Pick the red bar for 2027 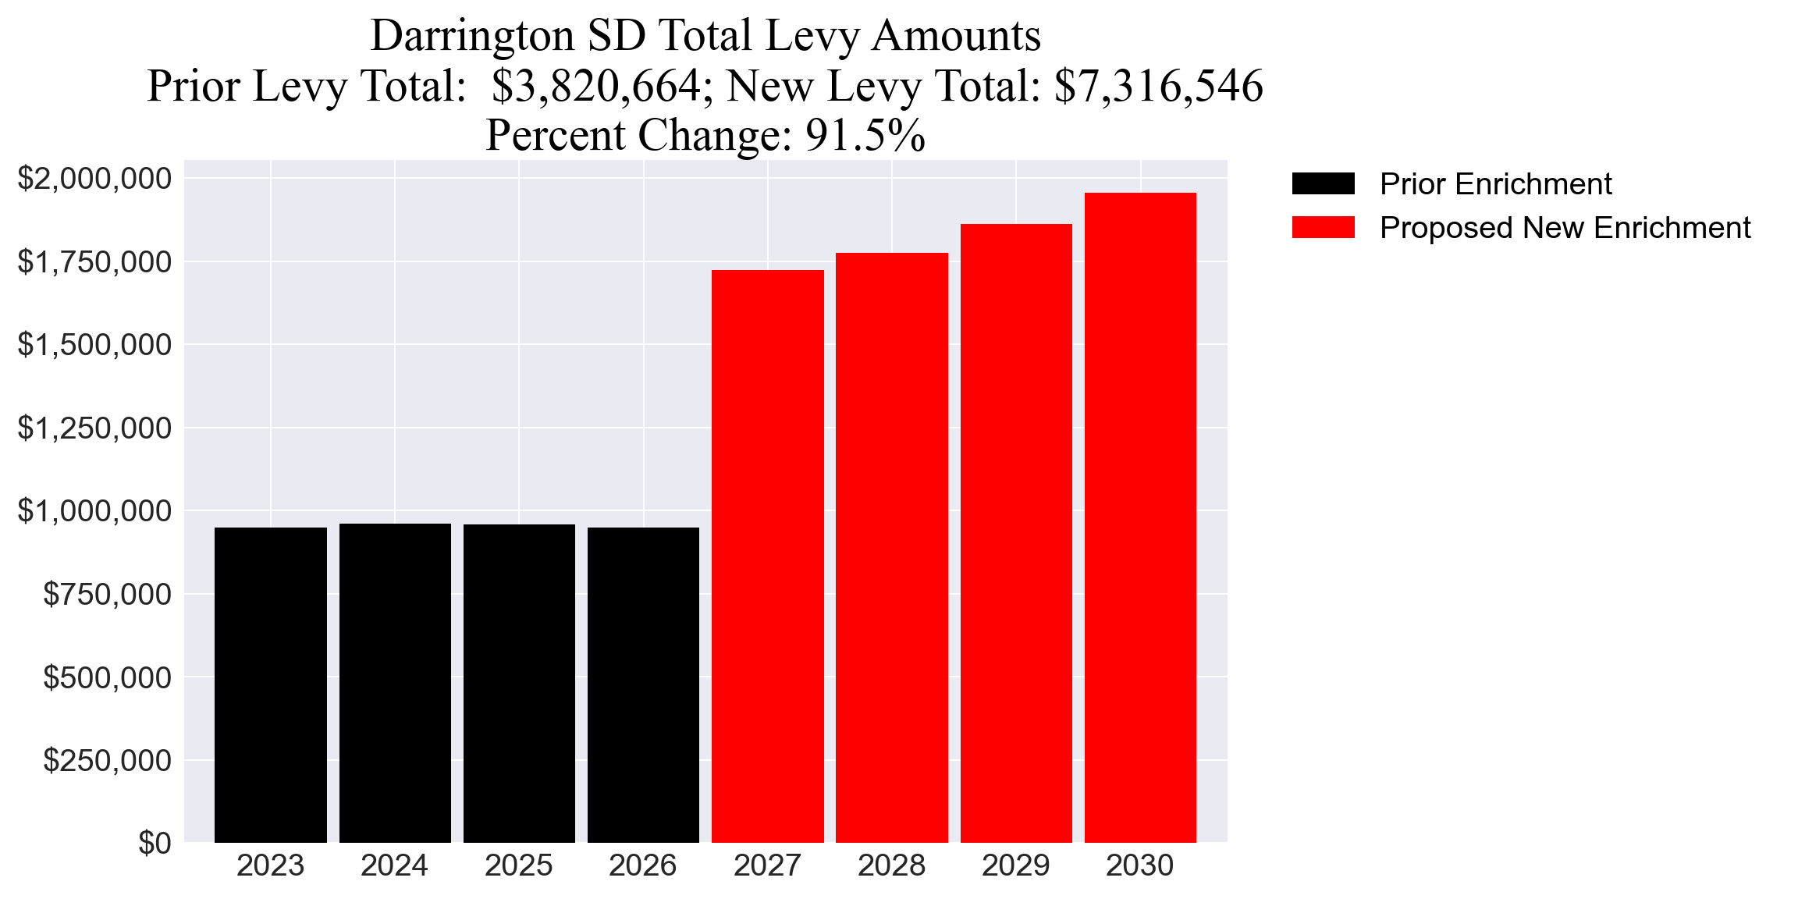click(x=767, y=556)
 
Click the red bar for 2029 click(x=1016, y=533)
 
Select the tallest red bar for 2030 click(x=1140, y=517)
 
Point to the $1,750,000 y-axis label click(x=94, y=262)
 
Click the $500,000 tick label click(x=107, y=677)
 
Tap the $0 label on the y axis click(x=155, y=844)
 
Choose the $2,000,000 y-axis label click(x=94, y=179)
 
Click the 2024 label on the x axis click(x=394, y=866)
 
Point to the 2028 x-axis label click(x=891, y=866)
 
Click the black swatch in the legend click(x=1323, y=184)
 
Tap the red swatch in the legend click(x=1323, y=228)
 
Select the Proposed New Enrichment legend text click(x=1565, y=228)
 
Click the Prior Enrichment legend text click(x=1495, y=184)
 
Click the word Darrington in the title click(x=472, y=36)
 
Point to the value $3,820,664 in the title click(x=597, y=86)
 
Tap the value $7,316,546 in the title click(x=1158, y=86)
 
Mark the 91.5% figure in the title click(x=865, y=136)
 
